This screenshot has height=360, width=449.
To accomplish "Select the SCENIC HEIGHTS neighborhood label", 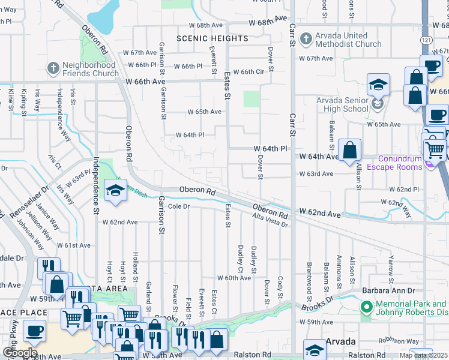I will [212, 38].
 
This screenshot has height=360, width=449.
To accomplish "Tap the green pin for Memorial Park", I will [366, 307].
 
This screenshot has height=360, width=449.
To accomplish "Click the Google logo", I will [20, 352].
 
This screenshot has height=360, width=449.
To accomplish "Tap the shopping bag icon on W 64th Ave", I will [349, 151].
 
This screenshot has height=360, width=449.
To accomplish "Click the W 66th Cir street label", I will [249, 72].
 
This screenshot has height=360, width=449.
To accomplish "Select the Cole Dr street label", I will [179, 206].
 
